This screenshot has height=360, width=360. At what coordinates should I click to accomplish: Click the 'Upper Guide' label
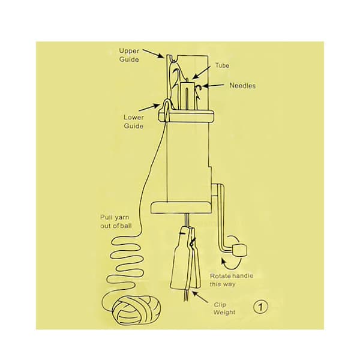click(x=129, y=55)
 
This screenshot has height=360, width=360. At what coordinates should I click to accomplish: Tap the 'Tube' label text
click(x=222, y=65)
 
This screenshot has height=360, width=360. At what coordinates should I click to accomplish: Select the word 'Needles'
click(x=242, y=86)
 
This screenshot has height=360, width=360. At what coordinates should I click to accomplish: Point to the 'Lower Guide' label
click(x=134, y=122)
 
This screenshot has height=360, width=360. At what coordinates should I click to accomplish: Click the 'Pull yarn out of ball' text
click(x=116, y=221)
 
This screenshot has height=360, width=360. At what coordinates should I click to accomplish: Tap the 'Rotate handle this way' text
click(x=232, y=280)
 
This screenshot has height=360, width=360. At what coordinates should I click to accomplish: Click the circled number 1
click(x=260, y=307)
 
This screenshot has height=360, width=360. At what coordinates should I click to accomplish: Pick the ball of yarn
click(x=137, y=310)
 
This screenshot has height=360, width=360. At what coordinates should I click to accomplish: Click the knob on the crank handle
click(x=240, y=250)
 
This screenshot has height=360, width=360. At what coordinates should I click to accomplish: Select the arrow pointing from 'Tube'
click(x=201, y=73)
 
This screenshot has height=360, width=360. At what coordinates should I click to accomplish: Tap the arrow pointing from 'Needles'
click(x=213, y=86)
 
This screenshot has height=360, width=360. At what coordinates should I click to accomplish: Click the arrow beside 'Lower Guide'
click(x=149, y=107)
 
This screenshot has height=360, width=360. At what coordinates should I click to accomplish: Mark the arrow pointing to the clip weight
click(x=200, y=296)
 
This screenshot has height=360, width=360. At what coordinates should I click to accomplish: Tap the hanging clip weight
click(x=185, y=258)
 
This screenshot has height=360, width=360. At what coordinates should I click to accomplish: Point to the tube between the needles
click(x=188, y=95)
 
